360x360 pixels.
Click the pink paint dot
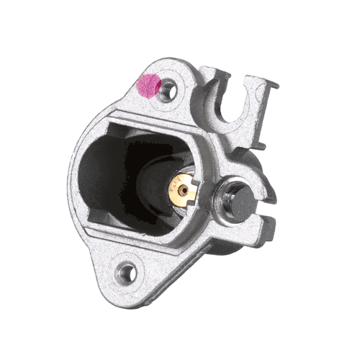pyautogui.click(x=148, y=86)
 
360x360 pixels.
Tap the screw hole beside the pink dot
pyautogui.click(x=169, y=90)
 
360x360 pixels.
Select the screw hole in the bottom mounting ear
pyautogui.click(x=127, y=272)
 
